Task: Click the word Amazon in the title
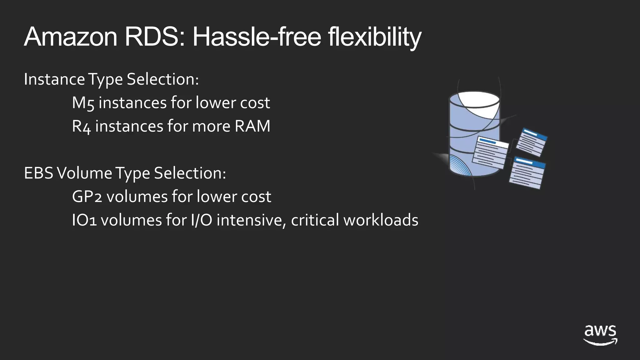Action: click(x=71, y=37)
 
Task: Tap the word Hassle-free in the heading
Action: click(x=257, y=37)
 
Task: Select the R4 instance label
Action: click(x=81, y=127)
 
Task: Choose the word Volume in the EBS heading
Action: click(x=84, y=173)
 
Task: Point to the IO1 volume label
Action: click(x=84, y=220)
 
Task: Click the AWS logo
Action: click(x=600, y=335)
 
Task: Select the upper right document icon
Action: click(x=532, y=142)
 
